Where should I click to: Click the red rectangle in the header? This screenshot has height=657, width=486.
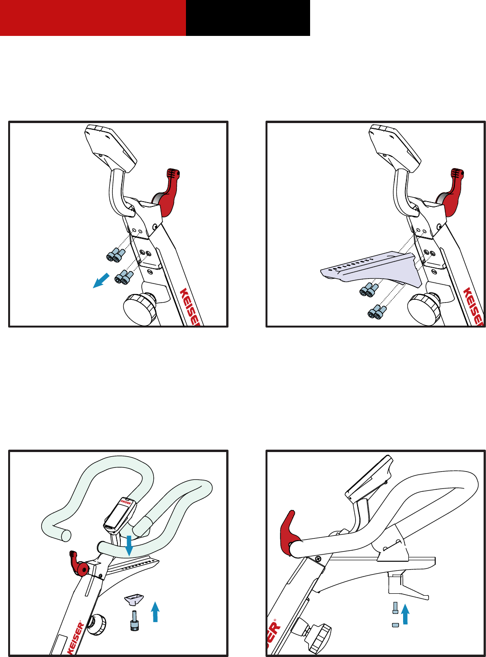pyautogui.click(x=93, y=18)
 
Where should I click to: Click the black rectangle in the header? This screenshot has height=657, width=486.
pyautogui.click(x=248, y=18)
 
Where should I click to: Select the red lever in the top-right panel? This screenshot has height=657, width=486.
pyautogui.click(x=452, y=193)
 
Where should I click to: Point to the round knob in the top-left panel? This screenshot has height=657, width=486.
pyautogui.click(x=139, y=309)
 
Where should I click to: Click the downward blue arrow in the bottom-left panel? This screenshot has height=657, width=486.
pyautogui.click(x=128, y=546)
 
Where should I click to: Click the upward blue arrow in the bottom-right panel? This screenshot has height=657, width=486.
pyautogui.click(x=406, y=614)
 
